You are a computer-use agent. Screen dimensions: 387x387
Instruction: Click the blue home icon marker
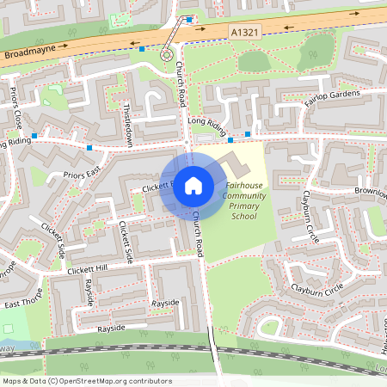[193, 185]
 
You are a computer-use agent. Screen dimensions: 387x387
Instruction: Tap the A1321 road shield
[243, 31]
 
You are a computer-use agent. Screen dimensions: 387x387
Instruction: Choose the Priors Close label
[16, 103]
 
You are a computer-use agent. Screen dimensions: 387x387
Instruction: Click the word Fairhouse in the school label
[243, 186]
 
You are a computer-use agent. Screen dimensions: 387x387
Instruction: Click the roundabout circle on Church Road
[166, 55]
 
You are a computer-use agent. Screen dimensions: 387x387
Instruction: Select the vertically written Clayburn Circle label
[310, 216]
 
